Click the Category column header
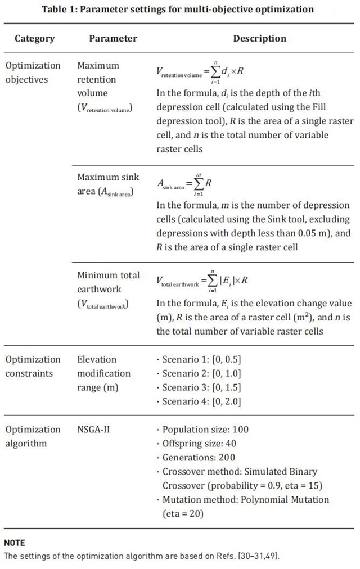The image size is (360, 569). [x=35, y=39]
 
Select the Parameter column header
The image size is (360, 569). [x=113, y=39]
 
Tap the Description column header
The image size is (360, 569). [x=260, y=39]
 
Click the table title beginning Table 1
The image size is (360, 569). [x=178, y=10]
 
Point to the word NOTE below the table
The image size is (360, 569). [x=15, y=543]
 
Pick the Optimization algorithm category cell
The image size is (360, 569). [x=33, y=436]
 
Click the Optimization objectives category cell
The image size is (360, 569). [x=33, y=73]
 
